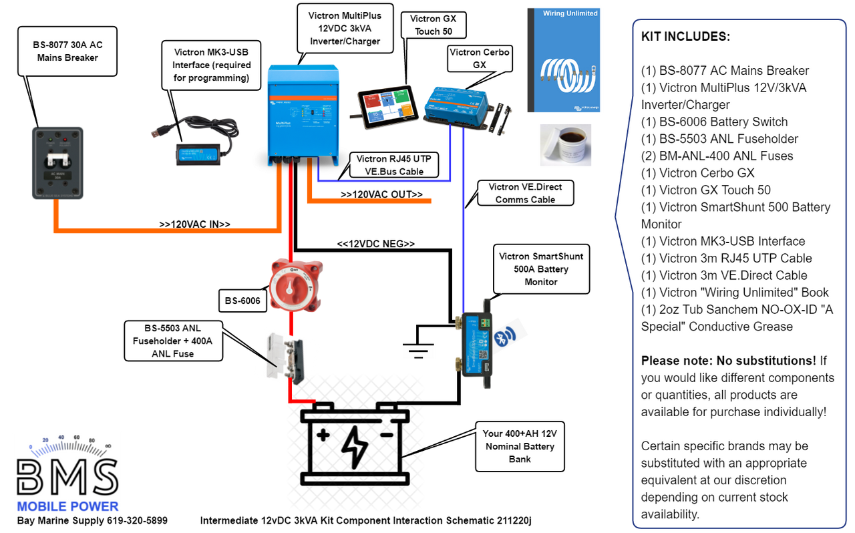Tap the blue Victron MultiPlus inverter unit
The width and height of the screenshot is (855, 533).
point(302,114)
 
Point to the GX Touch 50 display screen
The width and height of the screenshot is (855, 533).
point(388,106)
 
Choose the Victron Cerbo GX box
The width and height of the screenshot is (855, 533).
point(456,106)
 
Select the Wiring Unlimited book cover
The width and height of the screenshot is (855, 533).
point(562,60)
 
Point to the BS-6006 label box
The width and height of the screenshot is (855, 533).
point(241,301)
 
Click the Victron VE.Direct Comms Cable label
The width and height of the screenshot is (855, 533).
point(525,193)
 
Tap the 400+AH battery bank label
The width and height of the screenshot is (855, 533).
point(519,446)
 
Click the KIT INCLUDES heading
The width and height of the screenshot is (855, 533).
point(685,37)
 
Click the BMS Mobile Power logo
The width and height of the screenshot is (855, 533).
point(67,475)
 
